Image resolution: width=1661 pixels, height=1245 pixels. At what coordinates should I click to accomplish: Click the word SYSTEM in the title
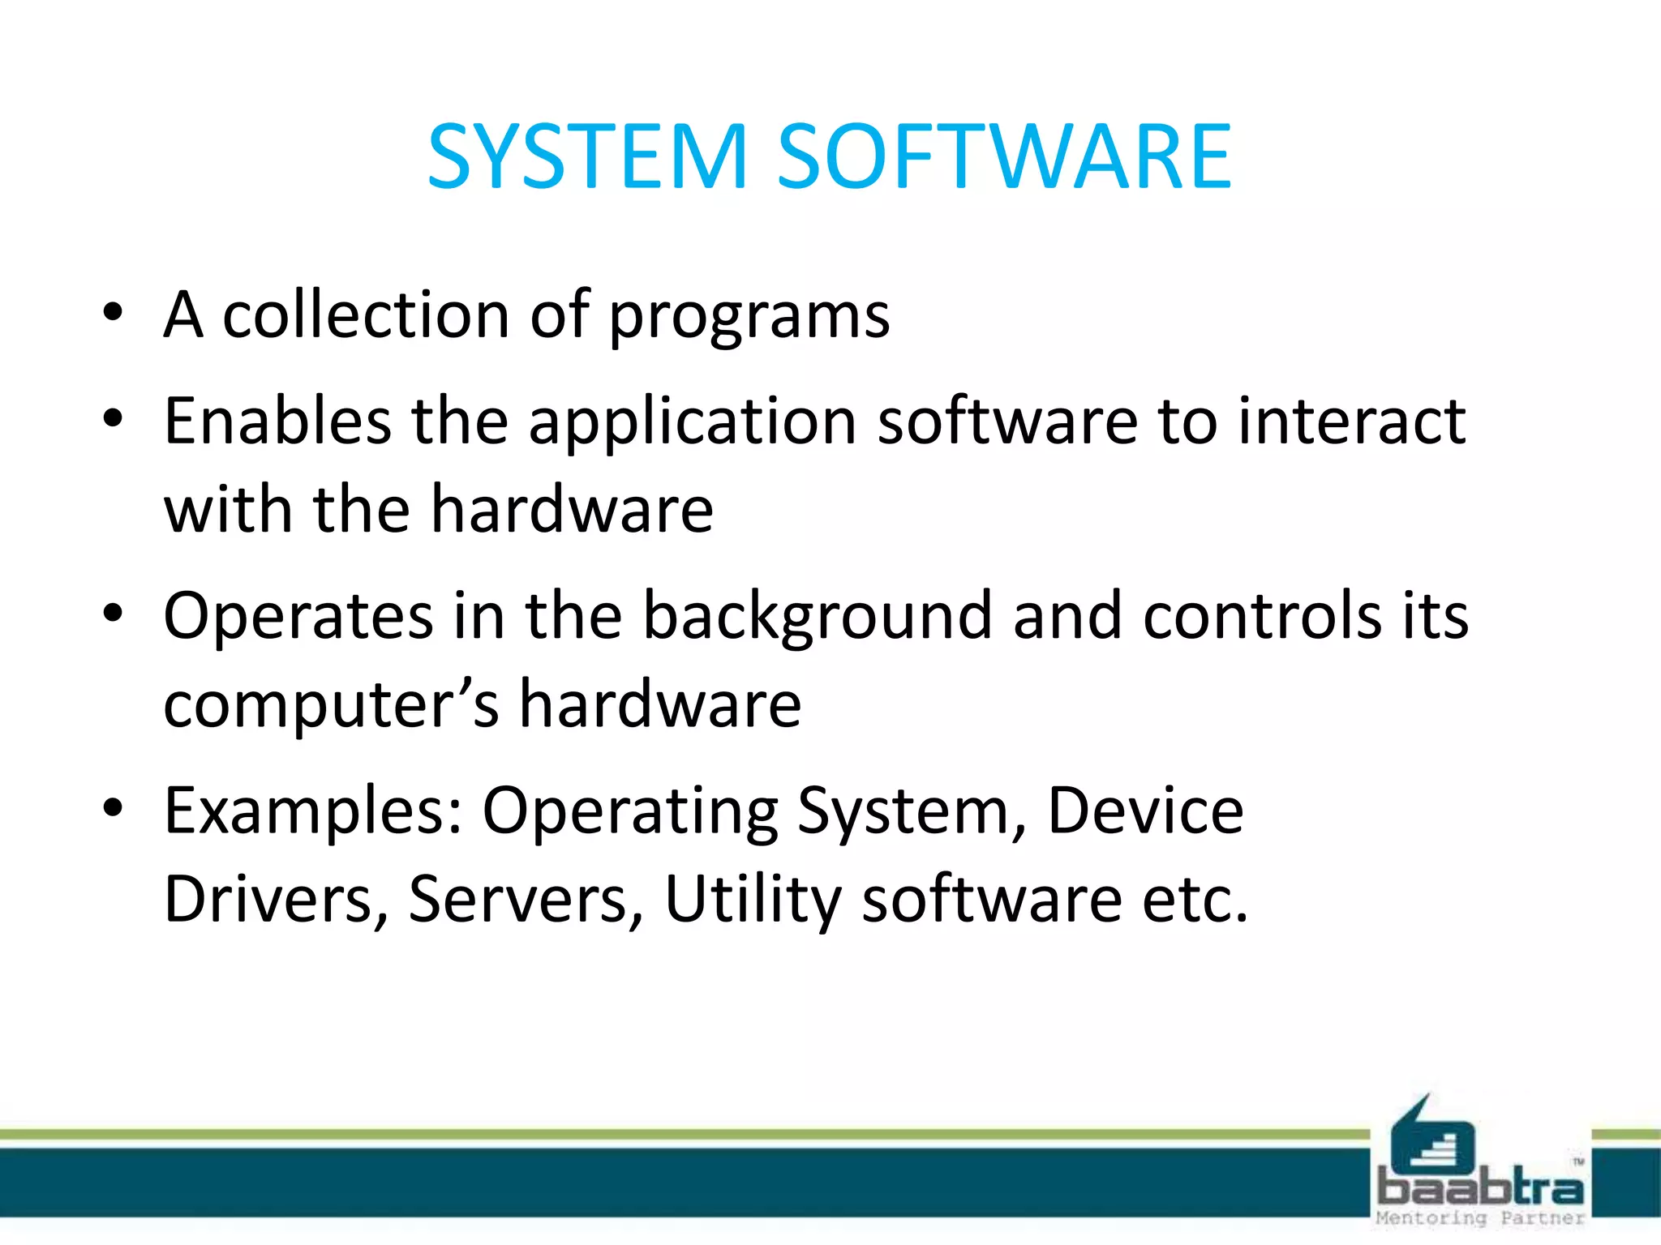click(x=586, y=156)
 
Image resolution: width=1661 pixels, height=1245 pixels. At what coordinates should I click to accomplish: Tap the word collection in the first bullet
click(x=365, y=314)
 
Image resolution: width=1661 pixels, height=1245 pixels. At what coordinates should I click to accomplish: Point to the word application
click(x=693, y=423)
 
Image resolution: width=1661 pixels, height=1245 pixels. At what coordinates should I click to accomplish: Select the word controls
click(x=1262, y=616)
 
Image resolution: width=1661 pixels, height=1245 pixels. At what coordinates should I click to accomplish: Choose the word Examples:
click(x=313, y=812)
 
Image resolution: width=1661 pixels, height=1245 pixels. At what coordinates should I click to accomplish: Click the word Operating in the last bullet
click(x=630, y=812)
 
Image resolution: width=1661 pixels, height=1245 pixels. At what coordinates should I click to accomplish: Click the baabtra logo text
click(x=1480, y=1187)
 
